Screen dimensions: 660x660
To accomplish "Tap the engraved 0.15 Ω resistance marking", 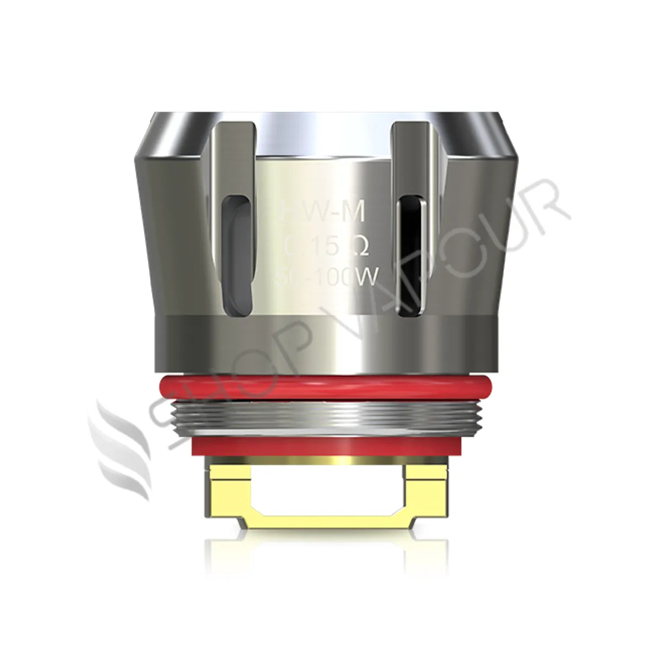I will (324, 246).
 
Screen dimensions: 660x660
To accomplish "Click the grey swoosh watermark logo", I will (118, 451).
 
